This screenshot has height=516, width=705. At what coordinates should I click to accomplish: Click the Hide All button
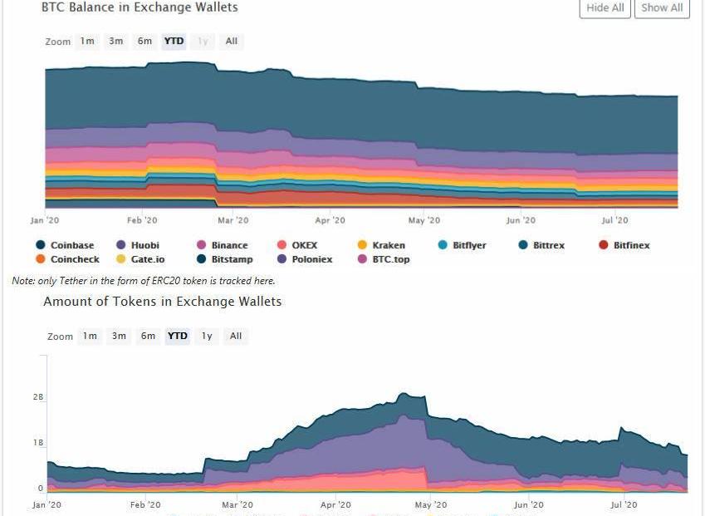pyautogui.click(x=605, y=8)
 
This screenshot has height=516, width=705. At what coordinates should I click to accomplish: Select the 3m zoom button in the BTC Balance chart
pyautogui.click(x=116, y=41)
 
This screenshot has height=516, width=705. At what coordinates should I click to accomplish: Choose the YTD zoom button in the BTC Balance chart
pyautogui.click(x=174, y=41)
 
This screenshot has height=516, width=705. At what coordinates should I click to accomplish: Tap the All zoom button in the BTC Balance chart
pyautogui.click(x=231, y=41)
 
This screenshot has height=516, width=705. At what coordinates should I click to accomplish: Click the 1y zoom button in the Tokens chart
pyautogui.click(x=207, y=336)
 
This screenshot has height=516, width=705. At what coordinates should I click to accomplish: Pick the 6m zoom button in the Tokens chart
pyautogui.click(x=148, y=336)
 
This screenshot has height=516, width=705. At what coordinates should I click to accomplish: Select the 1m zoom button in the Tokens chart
pyautogui.click(x=90, y=336)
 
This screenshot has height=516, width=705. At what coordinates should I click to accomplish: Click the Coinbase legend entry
pyautogui.click(x=71, y=245)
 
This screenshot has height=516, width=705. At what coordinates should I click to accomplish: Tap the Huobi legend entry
pyautogui.click(x=144, y=245)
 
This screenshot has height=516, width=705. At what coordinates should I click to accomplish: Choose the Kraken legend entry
pyautogui.click(x=388, y=245)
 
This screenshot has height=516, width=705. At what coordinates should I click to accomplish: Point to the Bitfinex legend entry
pyautogui.click(x=631, y=245)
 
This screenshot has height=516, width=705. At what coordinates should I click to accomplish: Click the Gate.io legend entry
pyautogui.click(x=147, y=259)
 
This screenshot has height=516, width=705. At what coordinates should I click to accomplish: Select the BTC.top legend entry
pyautogui.click(x=390, y=259)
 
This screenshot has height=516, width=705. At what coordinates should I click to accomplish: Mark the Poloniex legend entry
pyautogui.click(x=311, y=259)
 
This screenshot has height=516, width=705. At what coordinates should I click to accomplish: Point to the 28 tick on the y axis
pyautogui.click(x=38, y=397)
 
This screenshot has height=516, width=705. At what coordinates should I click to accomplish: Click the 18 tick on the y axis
pyautogui.click(x=38, y=443)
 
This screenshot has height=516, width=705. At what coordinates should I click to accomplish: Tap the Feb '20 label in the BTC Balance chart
pyautogui.click(x=142, y=220)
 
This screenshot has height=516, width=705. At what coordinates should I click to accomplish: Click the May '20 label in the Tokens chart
pyautogui.click(x=430, y=504)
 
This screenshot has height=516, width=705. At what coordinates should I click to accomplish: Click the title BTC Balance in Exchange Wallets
pyautogui.click(x=140, y=7)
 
